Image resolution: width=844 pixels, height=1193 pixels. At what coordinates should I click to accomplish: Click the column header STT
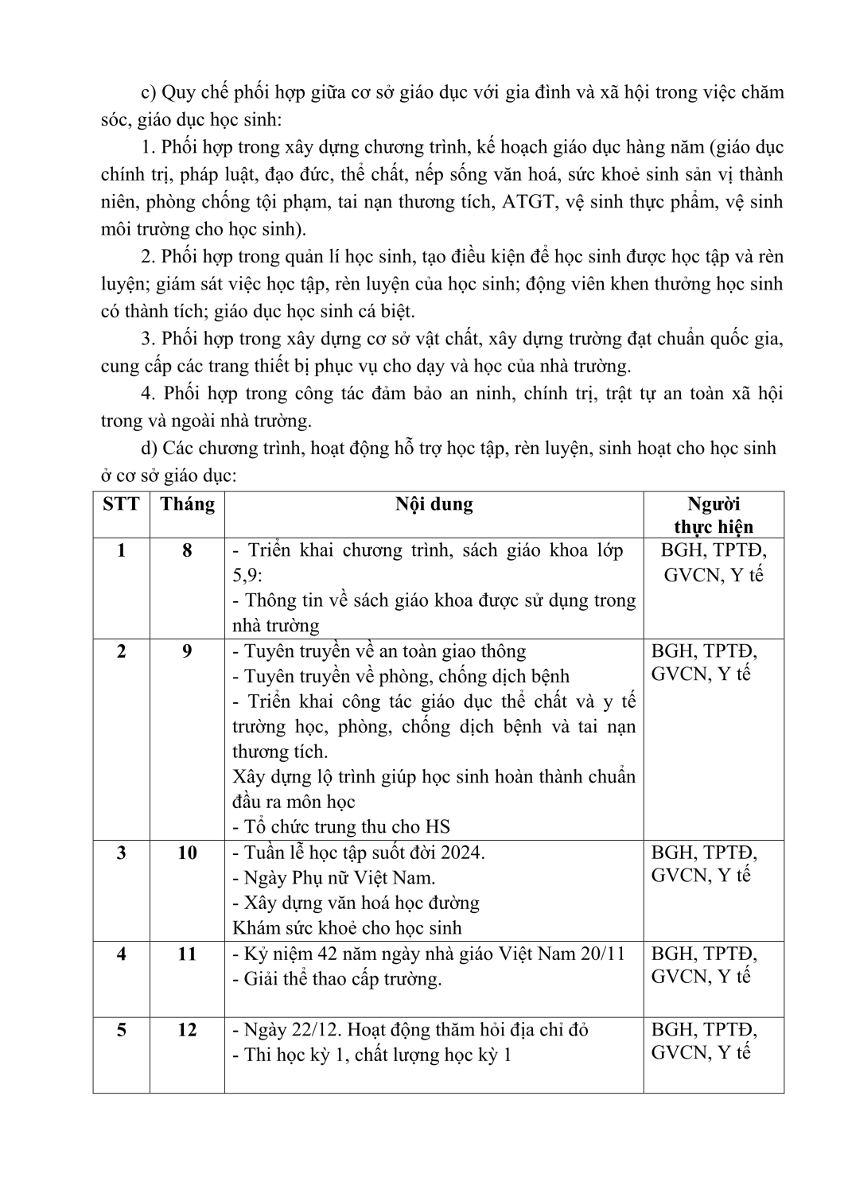pyautogui.click(x=121, y=504)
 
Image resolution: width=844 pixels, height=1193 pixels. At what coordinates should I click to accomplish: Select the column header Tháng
pyautogui.click(x=187, y=504)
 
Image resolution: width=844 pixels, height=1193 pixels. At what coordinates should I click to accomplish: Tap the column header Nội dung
pyautogui.click(x=434, y=504)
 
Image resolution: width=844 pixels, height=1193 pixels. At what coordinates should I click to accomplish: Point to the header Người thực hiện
pyautogui.click(x=713, y=515)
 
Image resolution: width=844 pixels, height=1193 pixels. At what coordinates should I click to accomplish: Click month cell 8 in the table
pyautogui.click(x=187, y=550)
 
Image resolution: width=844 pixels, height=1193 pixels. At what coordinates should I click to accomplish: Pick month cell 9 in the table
pyautogui.click(x=187, y=651)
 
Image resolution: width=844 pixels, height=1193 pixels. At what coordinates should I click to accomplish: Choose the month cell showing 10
pyautogui.click(x=187, y=853)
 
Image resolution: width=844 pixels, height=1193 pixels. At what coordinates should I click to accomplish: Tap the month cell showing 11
pyautogui.click(x=187, y=953)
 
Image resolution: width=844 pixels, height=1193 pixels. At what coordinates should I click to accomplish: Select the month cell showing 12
pyautogui.click(x=187, y=1029)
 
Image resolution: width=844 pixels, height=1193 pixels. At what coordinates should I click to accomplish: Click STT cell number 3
pyautogui.click(x=121, y=853)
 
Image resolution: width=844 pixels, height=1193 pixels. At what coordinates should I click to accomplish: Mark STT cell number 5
pyautogui.click(x=121, y=1029)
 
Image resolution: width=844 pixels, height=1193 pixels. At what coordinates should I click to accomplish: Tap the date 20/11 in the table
pyautogui.click(x=604, y=953)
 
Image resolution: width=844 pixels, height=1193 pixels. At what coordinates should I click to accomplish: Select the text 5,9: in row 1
pyautogui.click(x=247, y=575)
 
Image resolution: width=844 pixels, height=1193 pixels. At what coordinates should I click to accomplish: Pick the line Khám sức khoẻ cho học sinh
pyautogui.click(x=347, y=927)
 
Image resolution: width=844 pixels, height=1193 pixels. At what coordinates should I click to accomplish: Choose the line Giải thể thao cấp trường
pyautogui.click(x=336, y=978)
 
